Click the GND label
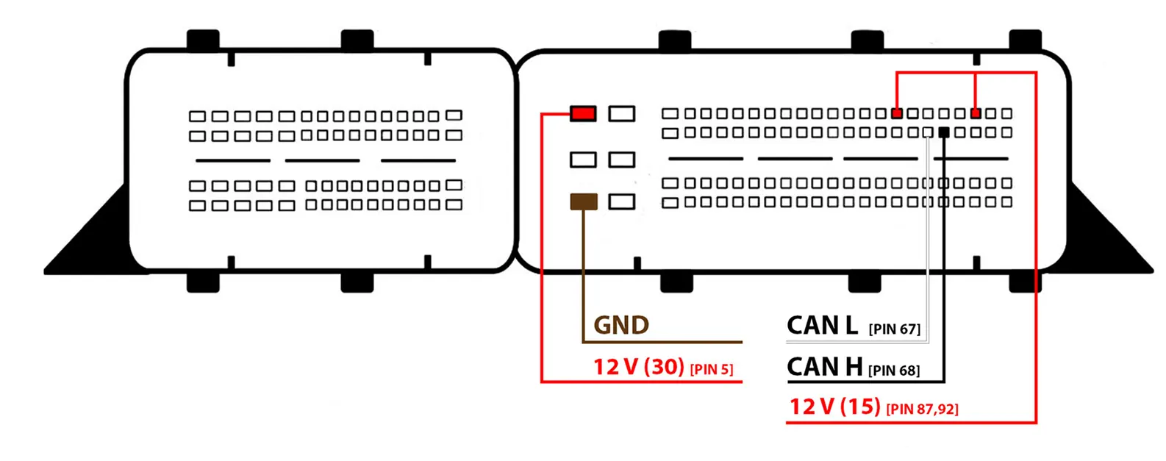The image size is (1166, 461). (x=621, y=325)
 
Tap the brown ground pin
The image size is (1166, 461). (x=584, y=201)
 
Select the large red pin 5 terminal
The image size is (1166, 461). (x=583, y=113)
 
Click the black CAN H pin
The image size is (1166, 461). (x=944, y=132)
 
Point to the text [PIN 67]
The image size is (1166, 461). (x=894, y=329)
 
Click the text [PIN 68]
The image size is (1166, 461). (x=894, y=370)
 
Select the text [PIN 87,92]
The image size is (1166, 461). (x=922, y=409)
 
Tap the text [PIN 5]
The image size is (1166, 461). (x=711, y=369)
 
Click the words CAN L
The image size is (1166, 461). (x=822, y=325)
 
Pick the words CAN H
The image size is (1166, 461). (x=824, y=366)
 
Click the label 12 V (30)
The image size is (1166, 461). (x=639, y=366)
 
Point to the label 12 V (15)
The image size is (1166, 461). (x=834, y=406)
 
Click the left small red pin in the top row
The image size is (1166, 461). (x=896, y=113)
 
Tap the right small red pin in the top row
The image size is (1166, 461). (x=975, y=113)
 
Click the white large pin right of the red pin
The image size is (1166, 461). (x=622, y=113)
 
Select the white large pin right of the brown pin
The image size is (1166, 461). (x=622, y=201)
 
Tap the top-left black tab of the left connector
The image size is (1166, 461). (x=203, y=40)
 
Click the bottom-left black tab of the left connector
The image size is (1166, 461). (x=203, y=282)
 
